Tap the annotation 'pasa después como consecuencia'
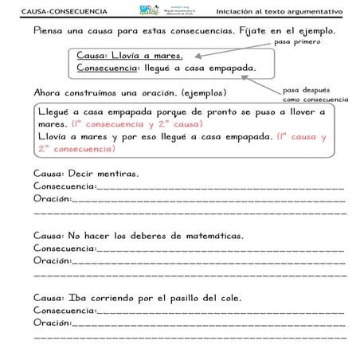point(314,95)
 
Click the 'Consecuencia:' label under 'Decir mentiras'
point(65,186)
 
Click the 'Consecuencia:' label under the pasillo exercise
point(65,311)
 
